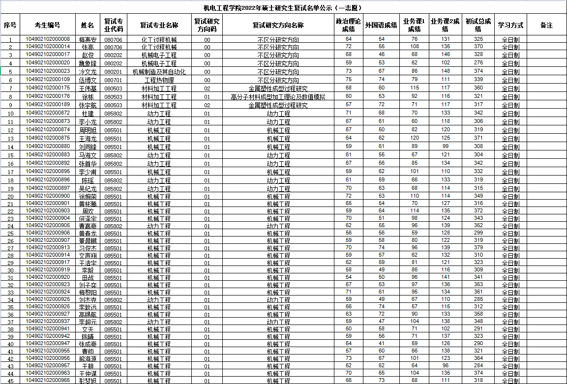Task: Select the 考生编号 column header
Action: click(x=48, y=25)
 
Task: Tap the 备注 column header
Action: click(x=546, y=25)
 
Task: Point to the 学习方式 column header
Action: click(x=510, y=25)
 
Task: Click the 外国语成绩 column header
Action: click(x=381, y=25)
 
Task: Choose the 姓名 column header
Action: click(x=88, y=25)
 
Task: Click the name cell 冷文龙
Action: click(x=88, y=72)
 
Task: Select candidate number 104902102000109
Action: click(x=48, y=80)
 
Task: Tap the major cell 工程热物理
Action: click(x=159, y=80)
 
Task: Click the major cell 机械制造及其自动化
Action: click(x=159, y=72)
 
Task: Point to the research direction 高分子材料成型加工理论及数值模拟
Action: click(x=278, y=97)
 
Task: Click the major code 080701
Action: click(x=113, y=80)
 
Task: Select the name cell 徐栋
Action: click(x=88, y=97)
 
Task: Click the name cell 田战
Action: click(x=88, y=278)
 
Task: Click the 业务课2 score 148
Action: click(x=445, y=72)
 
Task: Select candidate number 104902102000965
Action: click(x=48, y=381)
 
